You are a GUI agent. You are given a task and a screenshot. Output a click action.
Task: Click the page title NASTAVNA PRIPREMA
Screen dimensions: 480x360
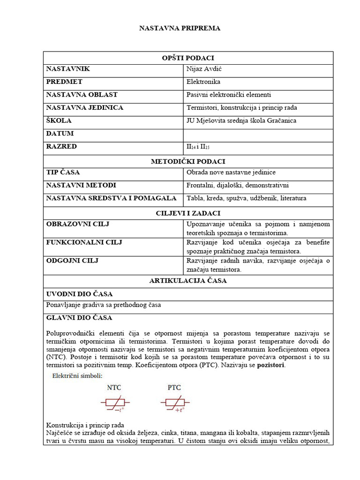click(x=180, y=28)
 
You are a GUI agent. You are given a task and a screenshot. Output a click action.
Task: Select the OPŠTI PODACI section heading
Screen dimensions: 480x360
click(x=188, y=58)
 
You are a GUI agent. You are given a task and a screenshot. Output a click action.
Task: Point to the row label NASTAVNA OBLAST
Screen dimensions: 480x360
click(x=82, y=95)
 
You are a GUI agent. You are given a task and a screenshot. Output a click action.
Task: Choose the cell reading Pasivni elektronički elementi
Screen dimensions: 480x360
click(x=229, y=95)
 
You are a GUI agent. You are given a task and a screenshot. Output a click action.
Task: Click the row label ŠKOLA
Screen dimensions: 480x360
click(x=59, y=120)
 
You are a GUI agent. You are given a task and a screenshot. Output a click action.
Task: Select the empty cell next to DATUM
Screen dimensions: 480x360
click(x=258, y=134)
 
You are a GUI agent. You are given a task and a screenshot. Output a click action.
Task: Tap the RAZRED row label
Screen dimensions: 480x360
click(x=61, y=146)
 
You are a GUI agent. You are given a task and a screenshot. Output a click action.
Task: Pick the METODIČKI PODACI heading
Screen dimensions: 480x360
click(x=188, y=161)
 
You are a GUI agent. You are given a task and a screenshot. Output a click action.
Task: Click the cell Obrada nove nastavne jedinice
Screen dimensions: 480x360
click(x=231, y=172)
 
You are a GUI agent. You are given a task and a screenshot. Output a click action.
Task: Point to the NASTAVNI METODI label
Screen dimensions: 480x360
click(x=81, y=185)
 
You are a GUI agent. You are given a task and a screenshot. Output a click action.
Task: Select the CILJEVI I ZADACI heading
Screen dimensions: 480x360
click(x=188, y=213)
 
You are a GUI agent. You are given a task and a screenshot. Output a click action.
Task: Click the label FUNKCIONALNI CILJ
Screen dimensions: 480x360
click(x=84, y=242)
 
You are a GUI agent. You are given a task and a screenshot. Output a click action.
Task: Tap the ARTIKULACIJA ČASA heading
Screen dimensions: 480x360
click(x=188, y=281)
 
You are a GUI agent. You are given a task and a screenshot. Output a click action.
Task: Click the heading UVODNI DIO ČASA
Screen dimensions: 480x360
click(x=79, y=294)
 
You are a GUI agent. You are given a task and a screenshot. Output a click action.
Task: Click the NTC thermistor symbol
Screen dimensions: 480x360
click(x=115, y=403)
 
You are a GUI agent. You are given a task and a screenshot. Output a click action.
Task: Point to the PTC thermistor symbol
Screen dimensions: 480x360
click(x=174, y=403)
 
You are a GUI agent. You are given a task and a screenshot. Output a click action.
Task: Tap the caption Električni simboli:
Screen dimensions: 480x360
click(x=77, y=375)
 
